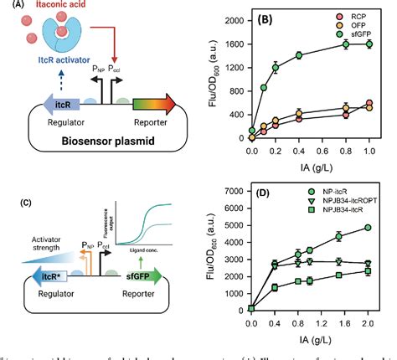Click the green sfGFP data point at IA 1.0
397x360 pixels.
(x=369, y=44)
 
